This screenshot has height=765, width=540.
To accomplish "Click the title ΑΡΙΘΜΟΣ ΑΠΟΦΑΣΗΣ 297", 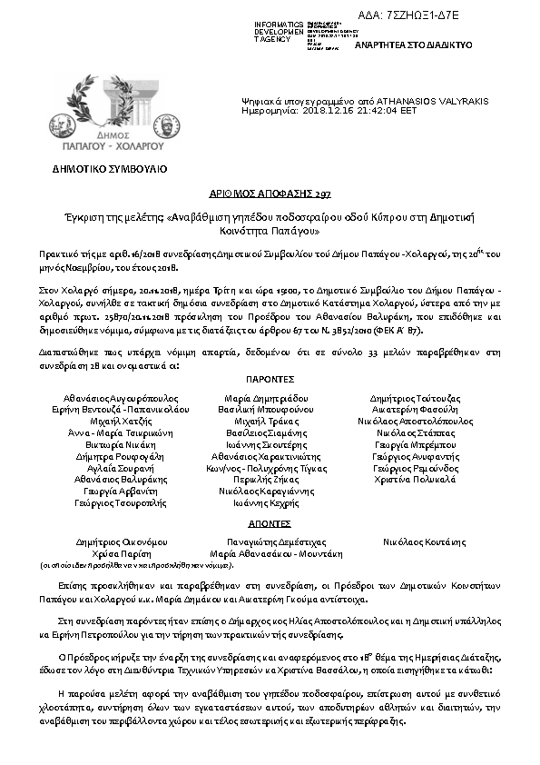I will point(270,194).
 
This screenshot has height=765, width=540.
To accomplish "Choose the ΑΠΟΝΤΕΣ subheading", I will point(269,524).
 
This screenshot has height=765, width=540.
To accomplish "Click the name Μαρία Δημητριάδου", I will point(270,398).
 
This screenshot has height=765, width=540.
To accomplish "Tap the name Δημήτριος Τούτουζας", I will point(416,398).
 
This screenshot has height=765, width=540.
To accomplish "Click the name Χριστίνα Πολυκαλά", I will point(416,480).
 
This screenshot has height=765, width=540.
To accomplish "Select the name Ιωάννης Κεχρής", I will point(270,502).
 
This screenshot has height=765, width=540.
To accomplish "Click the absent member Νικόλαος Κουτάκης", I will point(416,540).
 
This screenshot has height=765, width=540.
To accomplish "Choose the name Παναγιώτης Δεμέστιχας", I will point(270,540).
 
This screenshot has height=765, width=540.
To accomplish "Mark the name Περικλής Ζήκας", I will point(270,479).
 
